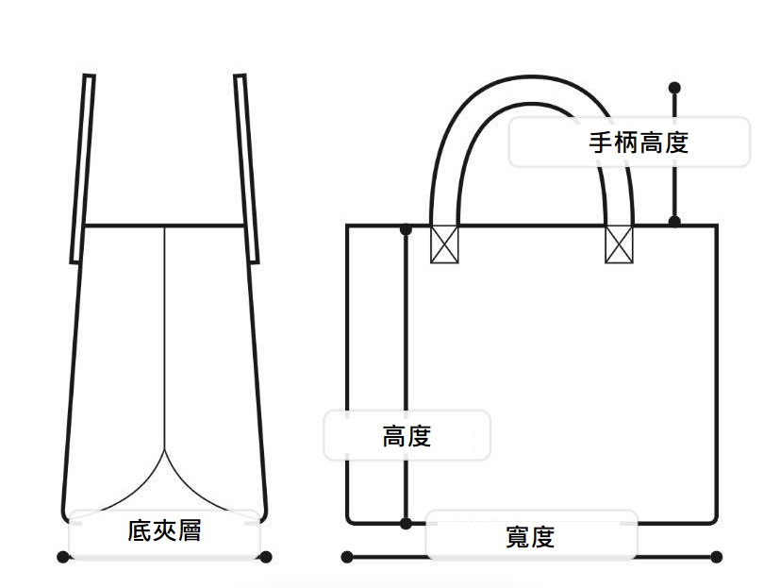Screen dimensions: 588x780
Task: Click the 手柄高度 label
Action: pyautogui.click(x=639, y=143)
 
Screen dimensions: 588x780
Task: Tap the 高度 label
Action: pyautogui.click(x=407, y=436)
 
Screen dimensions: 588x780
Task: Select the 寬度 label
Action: pyautogui.click(x=530, y=538)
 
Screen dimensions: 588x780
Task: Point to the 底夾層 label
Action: pyautogui.click(x=164, y=530)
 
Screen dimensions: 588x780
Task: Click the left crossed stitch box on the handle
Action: pyautogui.click(x=444, y=244)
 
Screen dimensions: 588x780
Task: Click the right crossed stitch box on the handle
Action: pyautogui.click(x=619, y=244)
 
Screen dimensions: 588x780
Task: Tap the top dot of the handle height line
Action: pyautogui.click(x=674, y=88)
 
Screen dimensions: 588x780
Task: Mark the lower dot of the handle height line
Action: pyautogui.click(x=674, y=221)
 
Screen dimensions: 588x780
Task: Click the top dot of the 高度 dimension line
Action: pyautogui.click(x=406, y=228)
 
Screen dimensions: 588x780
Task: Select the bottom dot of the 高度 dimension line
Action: pyautogui.click(x=406, y=522)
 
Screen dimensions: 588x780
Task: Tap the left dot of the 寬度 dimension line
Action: pyautogui.click(x=347, y=557)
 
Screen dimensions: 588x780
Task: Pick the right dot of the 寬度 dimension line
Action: pyautogui.click(x=717, y=557)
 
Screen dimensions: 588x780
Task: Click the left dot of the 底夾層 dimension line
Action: pyautogui.click(x=63, y=557)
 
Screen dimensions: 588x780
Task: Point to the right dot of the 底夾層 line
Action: pyautogui.click(x=266, y=557)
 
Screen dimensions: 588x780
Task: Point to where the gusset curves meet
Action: pyautogui.click(x=166, y=450)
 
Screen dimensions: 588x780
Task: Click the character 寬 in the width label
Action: pyautogui.click(x=518, y=538)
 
